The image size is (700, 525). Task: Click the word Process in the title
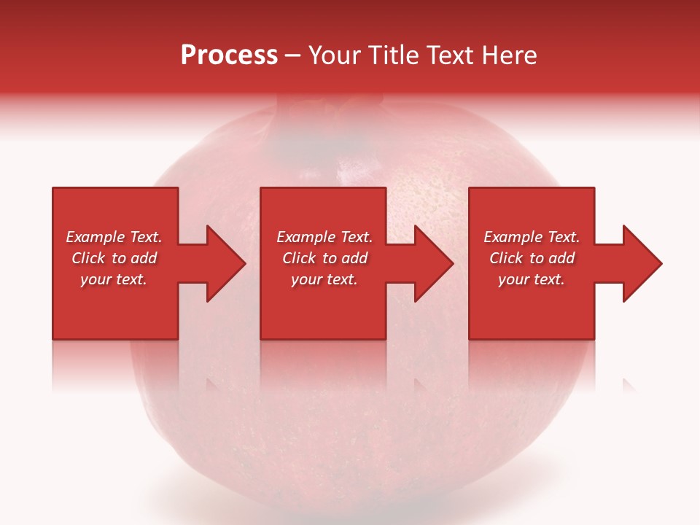229,55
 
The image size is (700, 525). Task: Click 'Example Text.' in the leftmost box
114,237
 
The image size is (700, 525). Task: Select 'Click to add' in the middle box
324,258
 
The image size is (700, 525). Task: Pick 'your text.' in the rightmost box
532,279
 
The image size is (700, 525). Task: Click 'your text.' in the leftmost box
114,279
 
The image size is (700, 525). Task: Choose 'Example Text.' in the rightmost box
532,237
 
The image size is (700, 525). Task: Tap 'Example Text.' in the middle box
324,237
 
